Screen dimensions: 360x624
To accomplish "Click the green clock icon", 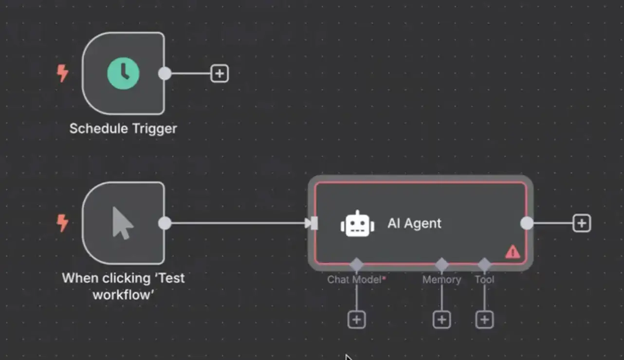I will click(x=123, y=73).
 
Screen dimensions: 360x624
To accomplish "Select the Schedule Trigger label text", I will click(x=123, y=128).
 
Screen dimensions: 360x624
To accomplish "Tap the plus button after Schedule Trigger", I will click(x=220, y=73).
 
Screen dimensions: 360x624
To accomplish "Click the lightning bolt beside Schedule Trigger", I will click(x=62, y=73).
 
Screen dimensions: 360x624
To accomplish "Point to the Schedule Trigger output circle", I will click(x=165, y=73).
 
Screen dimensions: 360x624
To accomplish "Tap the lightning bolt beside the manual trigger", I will click(x=62, y=223).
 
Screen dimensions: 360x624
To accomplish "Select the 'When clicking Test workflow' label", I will click(x=123, y=286).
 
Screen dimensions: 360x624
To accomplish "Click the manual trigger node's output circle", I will click(x=165, y=223).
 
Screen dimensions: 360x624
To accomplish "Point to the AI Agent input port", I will click(x=314, y=223).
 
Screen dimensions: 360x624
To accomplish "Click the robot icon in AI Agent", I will click(x=357, y=224).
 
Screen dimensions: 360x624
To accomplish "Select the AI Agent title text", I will click(x=414, y=223).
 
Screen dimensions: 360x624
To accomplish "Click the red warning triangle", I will click(x=513, y=252).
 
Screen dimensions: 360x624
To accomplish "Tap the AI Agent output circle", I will click(x=527, y=223).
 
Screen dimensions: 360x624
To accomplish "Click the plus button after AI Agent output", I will click(x=582, y=223).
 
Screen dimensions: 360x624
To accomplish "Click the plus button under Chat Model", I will click(x=356, y=320).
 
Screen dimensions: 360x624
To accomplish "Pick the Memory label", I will click(x=441, y=280).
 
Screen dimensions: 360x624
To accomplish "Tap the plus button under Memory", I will click(x=441, y=320).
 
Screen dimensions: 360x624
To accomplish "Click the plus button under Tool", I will click(x=484, y=320).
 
